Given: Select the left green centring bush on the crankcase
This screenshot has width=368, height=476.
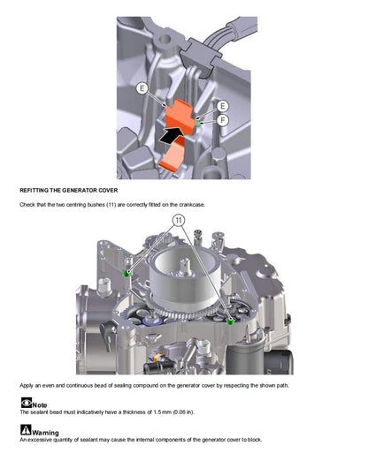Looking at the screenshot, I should pyautogui.click(x=127, y=275).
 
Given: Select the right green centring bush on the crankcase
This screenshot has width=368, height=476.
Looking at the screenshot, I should pyautogui.click(x=231, y=321).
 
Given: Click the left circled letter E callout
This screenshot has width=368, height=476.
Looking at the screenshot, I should pyautogui.click(x=142, y=89).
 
